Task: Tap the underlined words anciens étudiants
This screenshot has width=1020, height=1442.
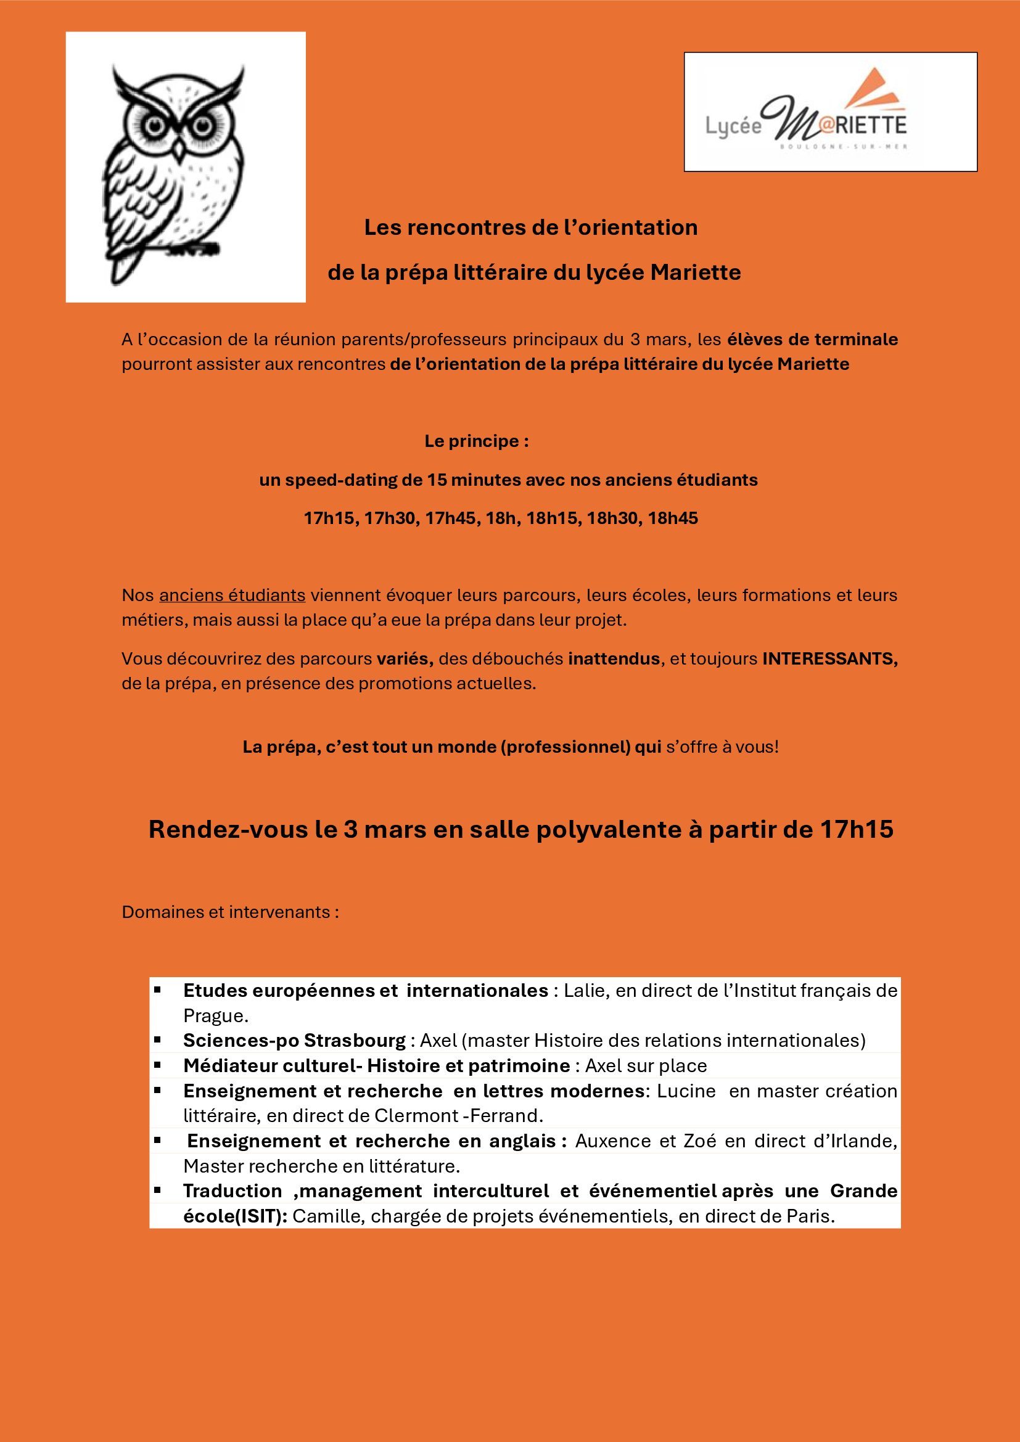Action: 232,595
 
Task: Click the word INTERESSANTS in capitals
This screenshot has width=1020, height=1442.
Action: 829,658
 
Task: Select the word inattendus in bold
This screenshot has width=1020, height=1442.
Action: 614,658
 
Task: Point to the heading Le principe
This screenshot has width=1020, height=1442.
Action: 476,441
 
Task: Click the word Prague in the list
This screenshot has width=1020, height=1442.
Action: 215,1015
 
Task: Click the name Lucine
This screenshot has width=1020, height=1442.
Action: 686,1091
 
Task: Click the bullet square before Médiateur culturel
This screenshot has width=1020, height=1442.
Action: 158,1065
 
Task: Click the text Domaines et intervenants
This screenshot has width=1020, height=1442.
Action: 230,912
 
